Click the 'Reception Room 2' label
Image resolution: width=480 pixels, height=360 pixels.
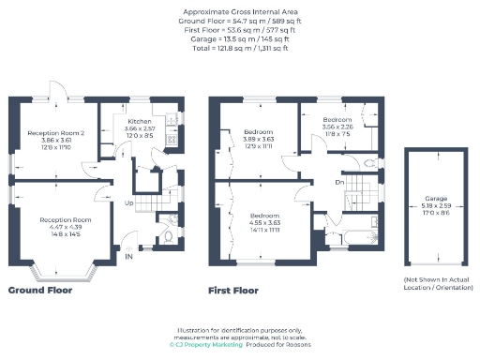(x=56, y=133)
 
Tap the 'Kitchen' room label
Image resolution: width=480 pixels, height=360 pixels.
(x=140, y=122)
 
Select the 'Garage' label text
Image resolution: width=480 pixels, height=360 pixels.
(x=435, y=199)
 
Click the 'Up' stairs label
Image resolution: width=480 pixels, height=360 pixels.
(x=129, y=202)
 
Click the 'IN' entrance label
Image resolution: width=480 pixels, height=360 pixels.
(x=128, y=255)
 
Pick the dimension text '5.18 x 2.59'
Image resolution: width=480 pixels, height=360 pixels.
(x=435, y=205)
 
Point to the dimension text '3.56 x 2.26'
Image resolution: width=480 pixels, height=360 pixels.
(x=337, y=127)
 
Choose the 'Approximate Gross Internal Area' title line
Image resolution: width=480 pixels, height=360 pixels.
(x=240, y=12)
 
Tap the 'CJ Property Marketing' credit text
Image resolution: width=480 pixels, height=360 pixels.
(x=205, y=344)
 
